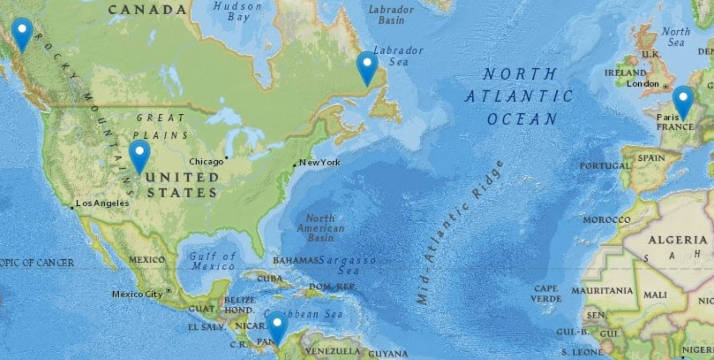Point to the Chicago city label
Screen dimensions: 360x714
tap(206, 162)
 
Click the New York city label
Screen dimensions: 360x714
tap(319, 163)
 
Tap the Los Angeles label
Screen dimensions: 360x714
tap(102, 203)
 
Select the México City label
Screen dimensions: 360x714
tap(137, 294)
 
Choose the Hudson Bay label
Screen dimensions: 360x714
tap(238, 12)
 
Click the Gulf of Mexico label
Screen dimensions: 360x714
tap(212, 261)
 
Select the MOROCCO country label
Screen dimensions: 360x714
tap(607, 220)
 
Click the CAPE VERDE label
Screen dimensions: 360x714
tap(546, 294)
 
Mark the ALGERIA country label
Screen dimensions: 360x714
tap(678, 240)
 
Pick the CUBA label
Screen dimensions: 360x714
tap(270, 279)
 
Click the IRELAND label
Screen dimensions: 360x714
tap(625, 73)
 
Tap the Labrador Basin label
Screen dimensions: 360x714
tap(391, 15)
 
